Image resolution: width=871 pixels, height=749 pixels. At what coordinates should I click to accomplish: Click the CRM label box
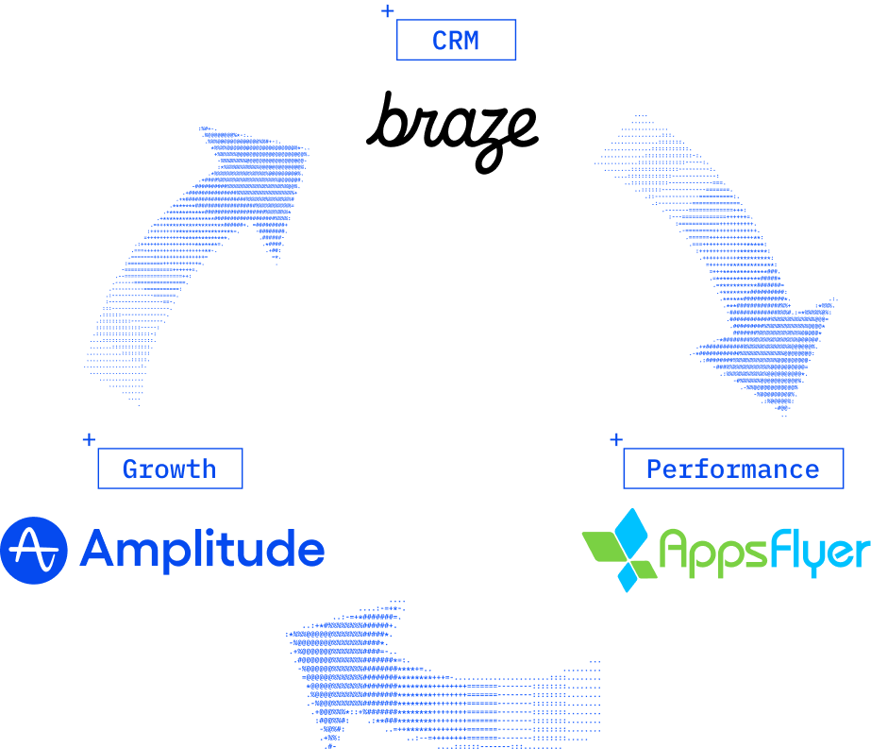point(456,41)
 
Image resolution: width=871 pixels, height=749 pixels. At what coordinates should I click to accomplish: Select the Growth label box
point(170,468)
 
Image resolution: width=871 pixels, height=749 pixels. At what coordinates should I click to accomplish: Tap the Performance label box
point(732,468)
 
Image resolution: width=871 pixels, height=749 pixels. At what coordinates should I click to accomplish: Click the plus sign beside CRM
point(387,11)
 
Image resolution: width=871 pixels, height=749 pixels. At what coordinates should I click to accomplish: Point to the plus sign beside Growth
point(89,439)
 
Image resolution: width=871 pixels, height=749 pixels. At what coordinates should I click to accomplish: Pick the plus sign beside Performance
point(616,439)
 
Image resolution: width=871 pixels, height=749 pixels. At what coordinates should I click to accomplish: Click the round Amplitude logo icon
point(33,550)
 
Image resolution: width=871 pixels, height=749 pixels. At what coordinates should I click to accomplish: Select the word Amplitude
point(202,550)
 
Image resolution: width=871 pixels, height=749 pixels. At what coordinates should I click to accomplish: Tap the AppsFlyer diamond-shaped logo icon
point(619,550)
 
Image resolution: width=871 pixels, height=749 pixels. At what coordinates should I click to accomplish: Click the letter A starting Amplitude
point(99,548)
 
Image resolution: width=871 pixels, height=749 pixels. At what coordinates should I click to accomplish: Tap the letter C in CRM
point(440,41)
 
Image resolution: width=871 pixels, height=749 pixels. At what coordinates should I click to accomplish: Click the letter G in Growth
point(130,468)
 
